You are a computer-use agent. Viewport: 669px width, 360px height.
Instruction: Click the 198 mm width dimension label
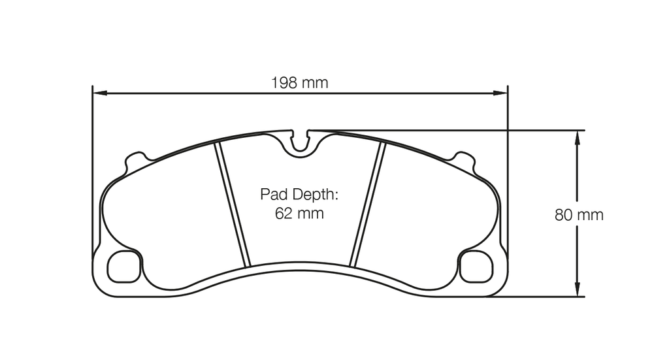[x=299, y=83]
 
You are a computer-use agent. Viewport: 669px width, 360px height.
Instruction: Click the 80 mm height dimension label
[x=579, y=215]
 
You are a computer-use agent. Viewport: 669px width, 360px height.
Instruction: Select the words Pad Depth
[x=299, y=195]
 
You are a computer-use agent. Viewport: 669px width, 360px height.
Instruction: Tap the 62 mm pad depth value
[x=299, y=214]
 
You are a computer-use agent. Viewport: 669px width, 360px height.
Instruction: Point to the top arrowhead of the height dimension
[x=577, y=137]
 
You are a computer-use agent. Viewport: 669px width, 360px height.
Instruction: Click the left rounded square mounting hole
[x=123, y=267]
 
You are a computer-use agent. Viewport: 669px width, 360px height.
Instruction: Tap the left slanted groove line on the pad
[x=233, y=205]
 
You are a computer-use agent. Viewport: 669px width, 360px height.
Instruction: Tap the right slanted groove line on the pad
[x=367, y=205]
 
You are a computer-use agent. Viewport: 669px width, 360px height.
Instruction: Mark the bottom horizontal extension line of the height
[x=536, y=297]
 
